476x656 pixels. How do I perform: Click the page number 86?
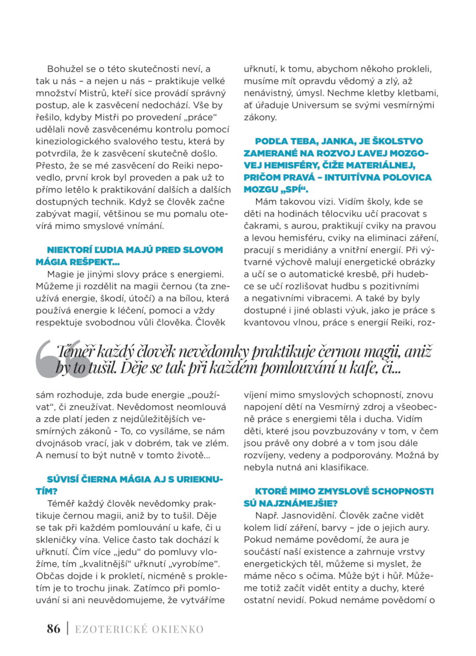coord(53,629)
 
